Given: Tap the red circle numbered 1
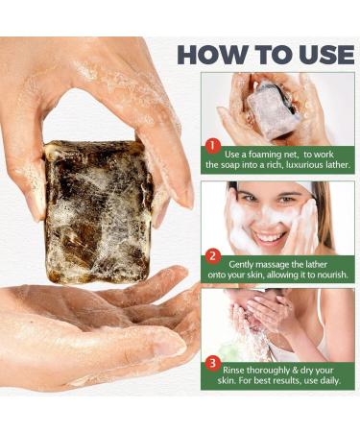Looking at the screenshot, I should click(x=213, y=146).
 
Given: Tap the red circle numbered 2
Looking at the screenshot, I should click(x=213, y=256).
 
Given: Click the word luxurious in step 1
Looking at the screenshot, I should click(x=289, y=165).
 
